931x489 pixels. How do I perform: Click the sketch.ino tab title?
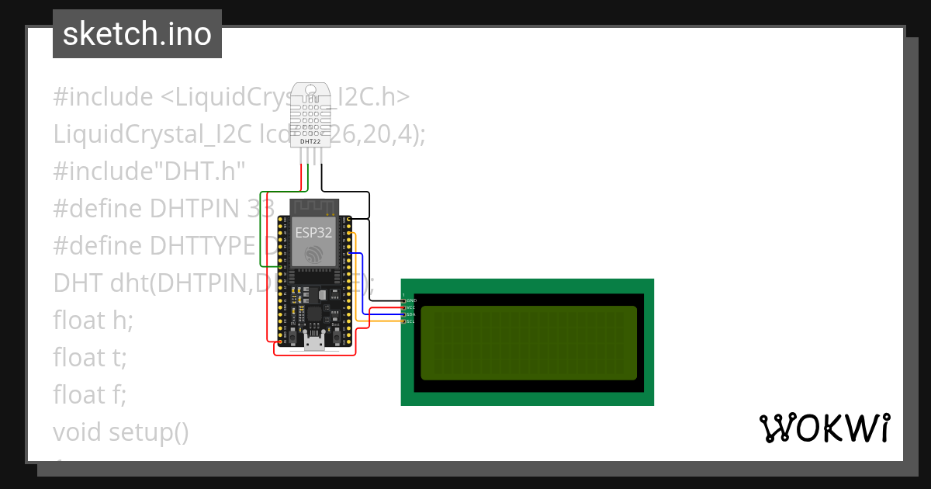tap(137, 34)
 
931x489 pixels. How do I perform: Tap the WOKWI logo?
tap(824, 428)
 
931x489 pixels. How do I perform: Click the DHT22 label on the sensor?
tap(310, 141)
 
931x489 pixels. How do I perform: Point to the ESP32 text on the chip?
tap(313, 231)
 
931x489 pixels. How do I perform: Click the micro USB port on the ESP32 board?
tap(314, 341)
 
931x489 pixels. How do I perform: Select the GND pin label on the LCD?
tap(411, 300)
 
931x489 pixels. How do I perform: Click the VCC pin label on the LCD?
tap(411, 307)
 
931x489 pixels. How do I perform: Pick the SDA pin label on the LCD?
tap(411, 314)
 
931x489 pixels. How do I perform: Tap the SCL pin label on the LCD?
tap(411, 321)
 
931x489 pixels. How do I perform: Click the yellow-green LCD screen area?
tap(528, 342)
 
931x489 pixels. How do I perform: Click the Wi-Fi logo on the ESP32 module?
tap(313, 254)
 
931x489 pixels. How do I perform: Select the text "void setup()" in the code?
tap(121, 432)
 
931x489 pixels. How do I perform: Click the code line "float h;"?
tap(93, 320)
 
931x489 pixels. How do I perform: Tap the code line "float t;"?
tap(90, 357)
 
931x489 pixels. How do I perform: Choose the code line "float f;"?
tap(90, 394)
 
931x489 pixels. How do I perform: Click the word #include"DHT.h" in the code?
tap(149, 171)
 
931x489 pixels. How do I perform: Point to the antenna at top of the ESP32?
tap(313, 207)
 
